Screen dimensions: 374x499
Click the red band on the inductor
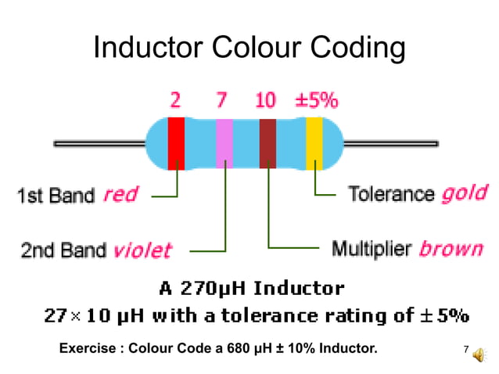coord(177,142)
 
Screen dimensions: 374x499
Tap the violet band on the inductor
coord(224,142)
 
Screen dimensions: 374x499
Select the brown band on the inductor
coord(268,142)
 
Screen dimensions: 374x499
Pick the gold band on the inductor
coord(314,142)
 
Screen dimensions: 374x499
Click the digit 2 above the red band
coord(176,100)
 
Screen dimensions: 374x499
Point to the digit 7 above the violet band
coord(222,100)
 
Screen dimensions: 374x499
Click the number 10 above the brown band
coord(266,100)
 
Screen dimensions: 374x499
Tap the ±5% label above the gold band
coord(317,100)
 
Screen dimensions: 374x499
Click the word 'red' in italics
coord(120,194)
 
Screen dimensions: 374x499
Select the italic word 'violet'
coord(142,250)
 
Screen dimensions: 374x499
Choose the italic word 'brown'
coord(451,249)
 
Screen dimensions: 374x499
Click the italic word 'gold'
coord(465,193)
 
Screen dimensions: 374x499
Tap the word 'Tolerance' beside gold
coord(390,193)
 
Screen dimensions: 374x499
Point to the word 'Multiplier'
coord(372,249)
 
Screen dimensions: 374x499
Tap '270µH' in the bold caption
coord(217,289)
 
